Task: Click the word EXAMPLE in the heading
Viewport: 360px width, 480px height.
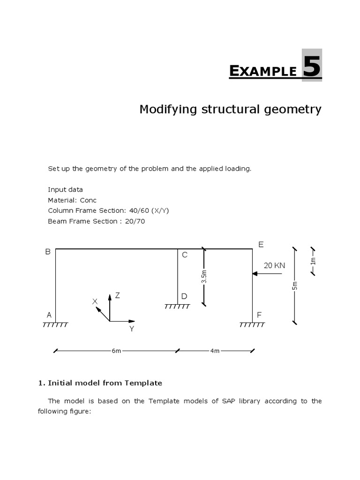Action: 263,71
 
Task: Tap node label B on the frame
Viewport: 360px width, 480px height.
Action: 47,252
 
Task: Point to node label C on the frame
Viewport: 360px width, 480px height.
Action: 184,255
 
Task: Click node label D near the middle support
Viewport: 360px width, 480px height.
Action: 184,296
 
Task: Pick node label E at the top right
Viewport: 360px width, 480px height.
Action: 261,244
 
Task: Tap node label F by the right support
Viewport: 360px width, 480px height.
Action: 260,315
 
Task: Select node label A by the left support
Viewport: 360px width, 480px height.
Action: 49,315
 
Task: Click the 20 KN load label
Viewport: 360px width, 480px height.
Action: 274,265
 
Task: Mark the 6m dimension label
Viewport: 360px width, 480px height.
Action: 116,351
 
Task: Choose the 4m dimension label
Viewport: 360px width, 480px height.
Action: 215,351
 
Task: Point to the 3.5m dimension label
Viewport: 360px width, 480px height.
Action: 204,277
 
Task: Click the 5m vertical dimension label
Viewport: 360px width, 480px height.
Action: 294,285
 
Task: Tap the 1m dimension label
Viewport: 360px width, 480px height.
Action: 313,261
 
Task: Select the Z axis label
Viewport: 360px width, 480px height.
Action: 118,295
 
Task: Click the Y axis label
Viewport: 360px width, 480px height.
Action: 132,329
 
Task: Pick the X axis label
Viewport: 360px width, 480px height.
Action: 95,302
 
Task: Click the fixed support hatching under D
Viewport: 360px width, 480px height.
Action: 177,307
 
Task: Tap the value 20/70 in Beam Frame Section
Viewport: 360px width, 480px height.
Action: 135,221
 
